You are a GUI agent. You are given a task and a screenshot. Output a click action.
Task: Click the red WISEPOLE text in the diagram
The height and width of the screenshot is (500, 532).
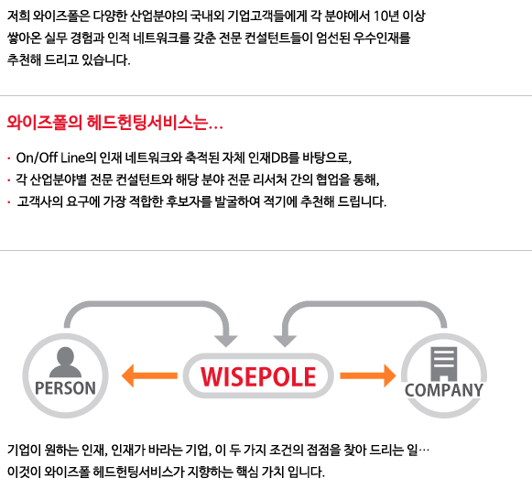point(258,376)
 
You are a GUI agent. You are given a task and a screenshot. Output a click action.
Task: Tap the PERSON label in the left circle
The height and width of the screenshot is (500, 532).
point(65,388)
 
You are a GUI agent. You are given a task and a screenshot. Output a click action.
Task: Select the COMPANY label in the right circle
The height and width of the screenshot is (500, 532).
point(444,390)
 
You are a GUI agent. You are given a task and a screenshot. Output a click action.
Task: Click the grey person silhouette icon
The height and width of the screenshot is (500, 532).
point(65,363)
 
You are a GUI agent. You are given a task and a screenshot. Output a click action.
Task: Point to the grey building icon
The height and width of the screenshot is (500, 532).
point(444,364)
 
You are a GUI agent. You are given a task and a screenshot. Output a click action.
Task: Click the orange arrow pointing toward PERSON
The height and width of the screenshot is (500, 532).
point(149,375)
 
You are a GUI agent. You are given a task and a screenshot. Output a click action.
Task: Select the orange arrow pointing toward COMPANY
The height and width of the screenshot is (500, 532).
point(368,375)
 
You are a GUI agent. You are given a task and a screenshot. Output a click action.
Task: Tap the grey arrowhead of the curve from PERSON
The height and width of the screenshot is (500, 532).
point(226,342)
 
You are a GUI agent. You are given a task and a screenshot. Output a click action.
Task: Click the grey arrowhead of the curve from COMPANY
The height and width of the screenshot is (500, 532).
point(285,342)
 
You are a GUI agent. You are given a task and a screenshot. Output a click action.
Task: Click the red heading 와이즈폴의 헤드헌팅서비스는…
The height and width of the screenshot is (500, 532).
point(115,122)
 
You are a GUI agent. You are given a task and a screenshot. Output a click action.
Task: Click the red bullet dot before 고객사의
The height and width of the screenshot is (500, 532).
point(9,202)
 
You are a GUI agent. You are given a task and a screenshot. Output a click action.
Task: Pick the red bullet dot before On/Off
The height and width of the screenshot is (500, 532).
point(9,158)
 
